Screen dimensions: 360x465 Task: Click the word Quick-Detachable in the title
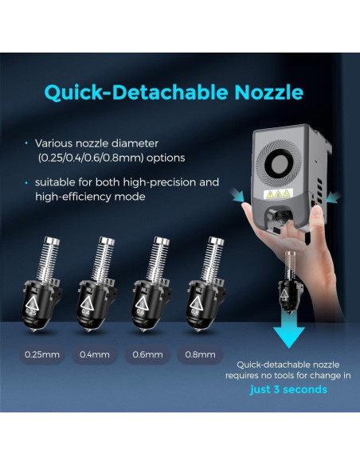point(136,92)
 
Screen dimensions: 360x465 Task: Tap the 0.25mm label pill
point(42,354)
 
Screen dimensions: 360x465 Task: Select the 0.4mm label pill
point(95,354)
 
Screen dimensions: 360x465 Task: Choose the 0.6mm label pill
point(147,354)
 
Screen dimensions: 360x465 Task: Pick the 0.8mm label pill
point(200,354)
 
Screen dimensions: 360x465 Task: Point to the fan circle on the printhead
point(279,162)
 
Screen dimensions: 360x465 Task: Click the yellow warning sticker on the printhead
point(278,194)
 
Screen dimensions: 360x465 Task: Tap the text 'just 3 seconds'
point(288,389)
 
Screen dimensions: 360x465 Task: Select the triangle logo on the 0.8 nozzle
point(195,303)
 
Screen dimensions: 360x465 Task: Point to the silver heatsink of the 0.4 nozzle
point(102,259)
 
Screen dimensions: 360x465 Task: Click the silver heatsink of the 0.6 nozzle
point(157,259)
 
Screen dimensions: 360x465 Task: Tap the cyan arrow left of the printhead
point(238,196)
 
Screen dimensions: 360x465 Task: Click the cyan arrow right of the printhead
point(333,197)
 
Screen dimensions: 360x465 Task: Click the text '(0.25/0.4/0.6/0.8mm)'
point(91,158)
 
